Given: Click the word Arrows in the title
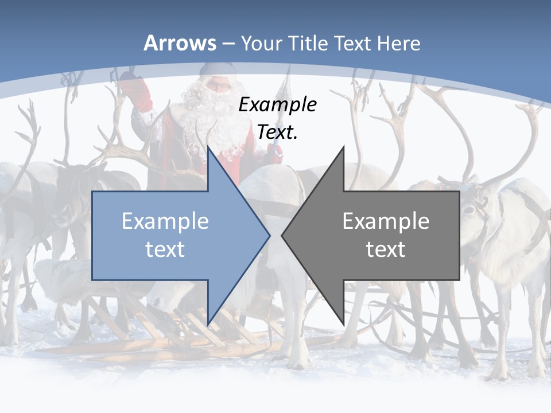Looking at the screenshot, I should click(180, 43).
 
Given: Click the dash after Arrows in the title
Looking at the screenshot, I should click(228, 44).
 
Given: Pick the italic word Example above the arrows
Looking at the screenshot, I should click(277, 105).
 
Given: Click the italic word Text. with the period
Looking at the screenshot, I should click(277, 132).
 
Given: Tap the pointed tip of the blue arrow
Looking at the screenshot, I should click(269, 235).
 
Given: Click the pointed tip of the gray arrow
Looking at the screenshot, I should click(282, 235).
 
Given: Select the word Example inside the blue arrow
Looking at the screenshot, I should click(165, 221).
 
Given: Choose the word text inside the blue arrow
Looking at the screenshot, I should click(165, 250).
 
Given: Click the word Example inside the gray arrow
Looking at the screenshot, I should click(386, 221).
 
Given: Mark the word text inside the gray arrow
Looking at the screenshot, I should click(386, 250).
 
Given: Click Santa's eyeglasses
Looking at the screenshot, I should click(218, 86).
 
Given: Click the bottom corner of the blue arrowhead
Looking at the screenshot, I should click(208, 325).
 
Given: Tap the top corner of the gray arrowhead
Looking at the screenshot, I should click(343, 147).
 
